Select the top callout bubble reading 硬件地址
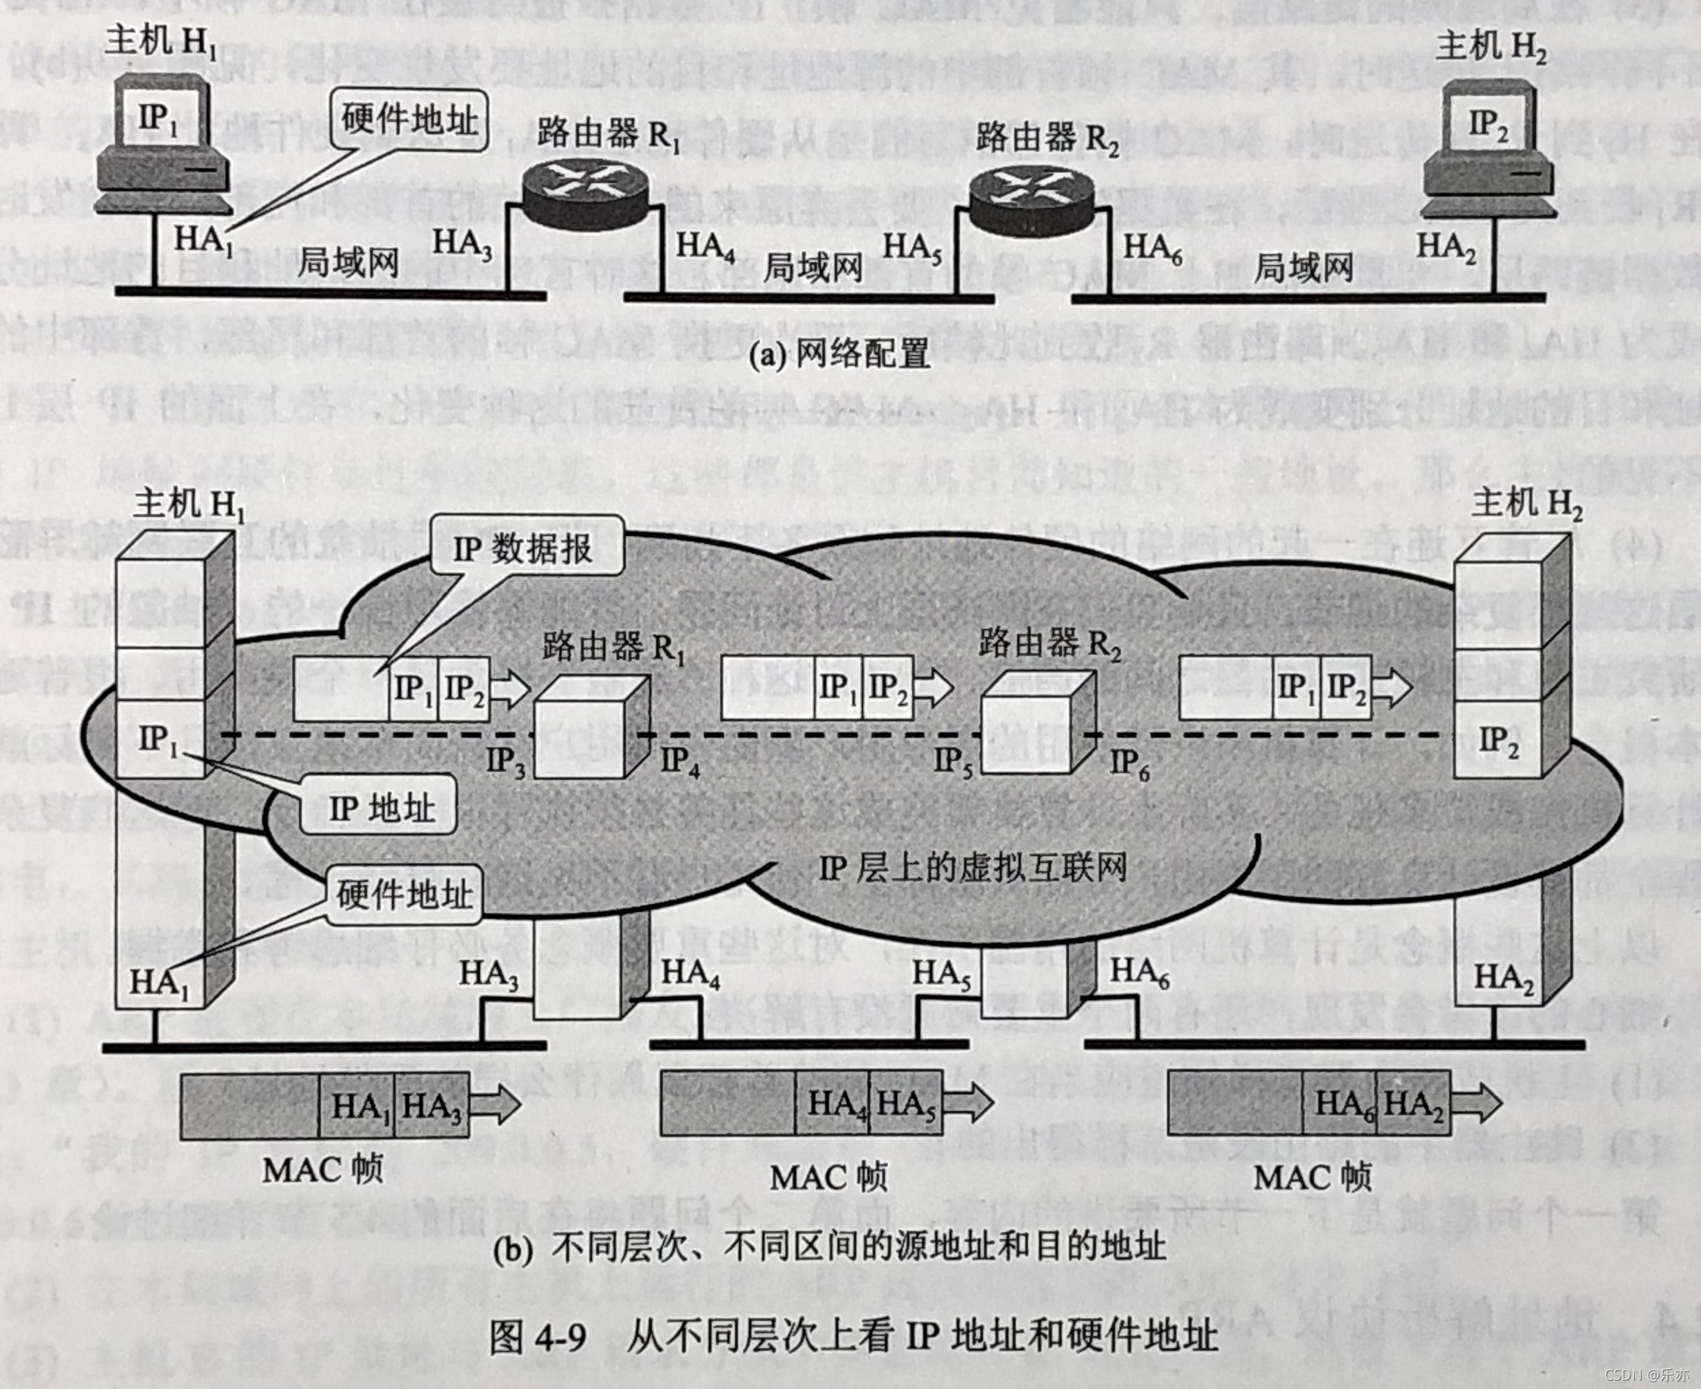click(409, 120)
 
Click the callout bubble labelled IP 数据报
click(525, 548)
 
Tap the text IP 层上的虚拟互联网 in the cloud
click(973, 867)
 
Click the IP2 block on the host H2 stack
click(1497, 741)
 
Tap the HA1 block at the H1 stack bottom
click(159, 983)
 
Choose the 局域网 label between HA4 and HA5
click(813, 267)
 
